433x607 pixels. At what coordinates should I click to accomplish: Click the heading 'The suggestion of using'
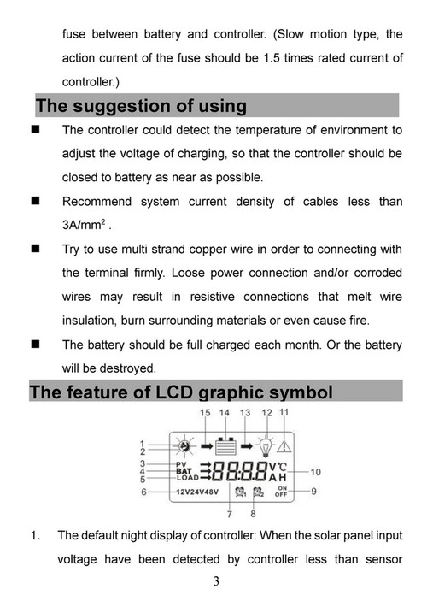[141, 106]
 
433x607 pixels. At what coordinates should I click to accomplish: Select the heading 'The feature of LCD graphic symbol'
[181, 392]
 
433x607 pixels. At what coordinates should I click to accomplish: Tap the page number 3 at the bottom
[216, 582]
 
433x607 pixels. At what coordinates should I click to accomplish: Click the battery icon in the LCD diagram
[225, 445]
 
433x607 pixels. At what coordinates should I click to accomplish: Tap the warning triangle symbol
[284, 445]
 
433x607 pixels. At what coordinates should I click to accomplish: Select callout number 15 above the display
[205, 413]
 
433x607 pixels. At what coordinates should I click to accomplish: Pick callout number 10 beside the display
[315, 472]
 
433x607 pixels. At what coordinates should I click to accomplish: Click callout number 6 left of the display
[143, 492]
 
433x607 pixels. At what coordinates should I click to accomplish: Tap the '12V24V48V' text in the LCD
[197, 492]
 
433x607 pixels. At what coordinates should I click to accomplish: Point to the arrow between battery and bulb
[246, 445]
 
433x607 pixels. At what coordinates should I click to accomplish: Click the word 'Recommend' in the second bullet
[97, 202]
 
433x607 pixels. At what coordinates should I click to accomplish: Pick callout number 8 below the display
[253, 515]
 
